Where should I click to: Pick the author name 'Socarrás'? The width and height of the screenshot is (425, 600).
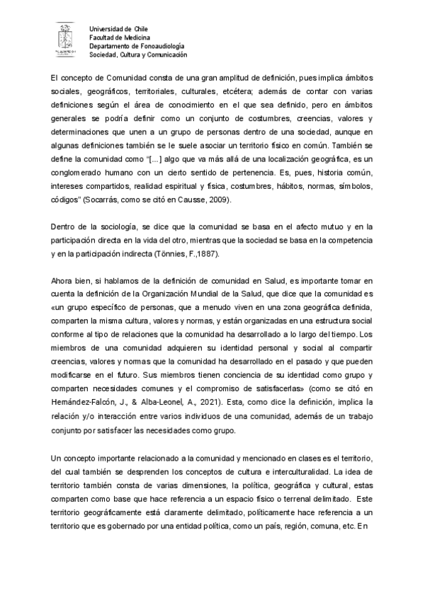click(x=102, y=200)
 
